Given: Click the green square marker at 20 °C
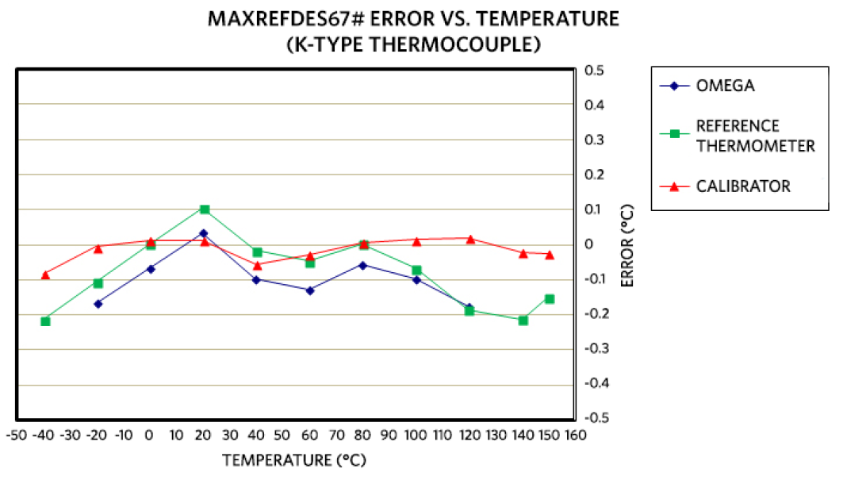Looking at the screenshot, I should coord(205,209).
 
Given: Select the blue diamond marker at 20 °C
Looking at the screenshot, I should coord(204,233).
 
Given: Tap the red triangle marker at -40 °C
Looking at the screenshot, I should coord(45,275).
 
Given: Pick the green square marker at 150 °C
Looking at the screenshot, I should coord(550,299).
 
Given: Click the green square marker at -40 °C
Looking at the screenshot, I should coord(45,321).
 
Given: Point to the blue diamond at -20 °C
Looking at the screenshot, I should coord(98,304).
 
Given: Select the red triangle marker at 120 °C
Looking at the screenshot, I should coord(470,239).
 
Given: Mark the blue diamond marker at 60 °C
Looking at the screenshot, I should coord(310,290).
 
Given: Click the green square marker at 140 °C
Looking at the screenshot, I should coord(523,321).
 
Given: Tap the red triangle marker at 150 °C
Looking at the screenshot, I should coord(550,255).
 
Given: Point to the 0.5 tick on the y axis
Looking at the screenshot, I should coord(594,71).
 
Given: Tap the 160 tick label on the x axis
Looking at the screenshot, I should coord(575,436).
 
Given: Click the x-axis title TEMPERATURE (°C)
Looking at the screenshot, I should coord(294,460).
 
